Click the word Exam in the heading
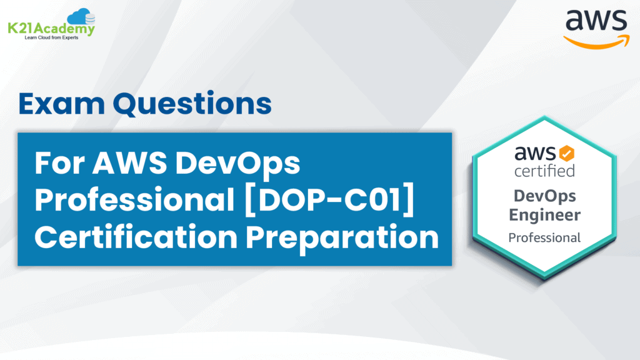[x=62, y=104]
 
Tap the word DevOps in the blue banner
[x=237, y=163]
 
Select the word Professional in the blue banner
[x=134, y=199]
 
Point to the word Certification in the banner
[x=136, y=237]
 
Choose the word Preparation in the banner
[x=342, y=238]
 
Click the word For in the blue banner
[x=59, y=163]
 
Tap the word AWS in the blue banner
[x=129, y=163]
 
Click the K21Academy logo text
[x=51, y=29]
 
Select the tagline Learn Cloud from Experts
[x=51, y=37]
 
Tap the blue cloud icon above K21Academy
[x=81, y=17]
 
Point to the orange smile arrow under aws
[x=597, y=42]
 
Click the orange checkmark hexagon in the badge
[x=566, y=154]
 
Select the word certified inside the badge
[x=544, y=171]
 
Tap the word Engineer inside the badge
[x=544, y=215]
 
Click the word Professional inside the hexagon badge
[x=544, y=237]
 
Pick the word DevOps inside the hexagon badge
[x=545, y=196]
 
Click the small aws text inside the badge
[x=535, y=154]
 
